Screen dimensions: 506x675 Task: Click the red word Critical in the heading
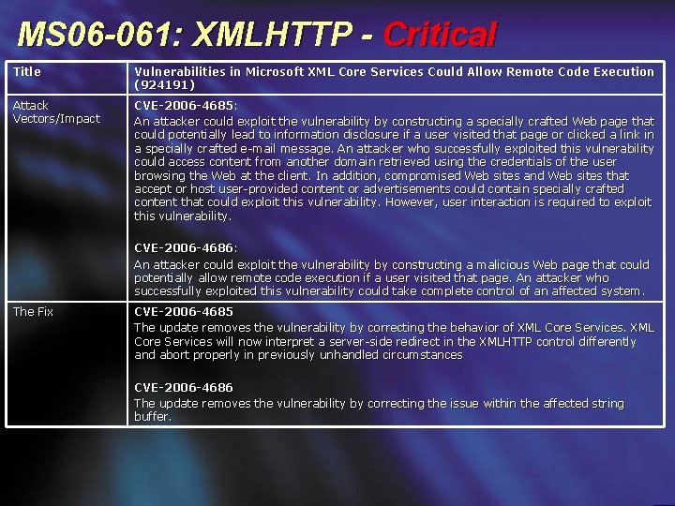439,36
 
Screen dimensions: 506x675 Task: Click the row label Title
27,71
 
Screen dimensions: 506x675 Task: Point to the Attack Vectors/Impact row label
55,112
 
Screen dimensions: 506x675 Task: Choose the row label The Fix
33,311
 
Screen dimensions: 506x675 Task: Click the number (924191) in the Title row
165,84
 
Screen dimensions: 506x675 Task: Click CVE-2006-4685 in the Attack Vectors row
185,106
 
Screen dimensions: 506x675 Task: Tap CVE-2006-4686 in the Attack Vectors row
185,247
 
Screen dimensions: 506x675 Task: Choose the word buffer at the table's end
152,416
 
